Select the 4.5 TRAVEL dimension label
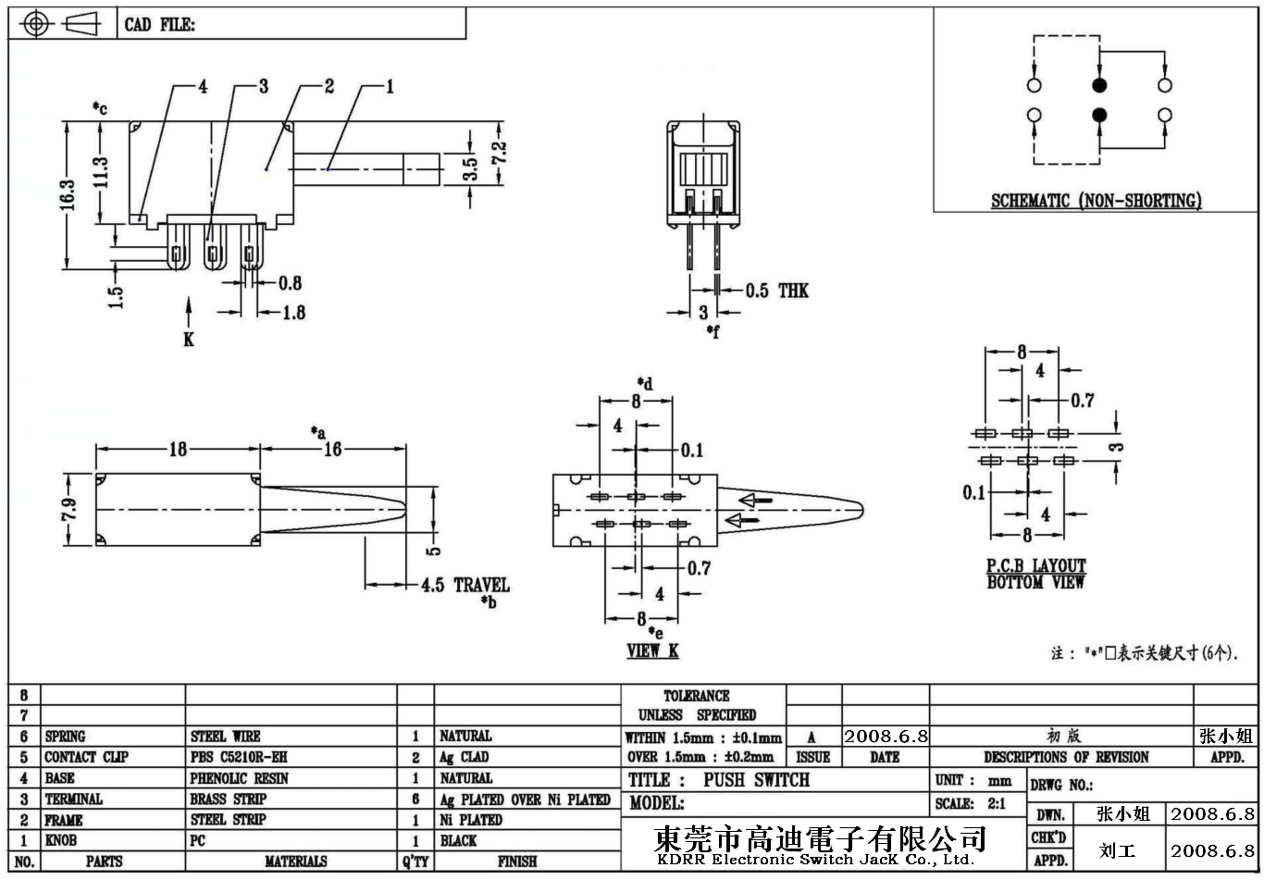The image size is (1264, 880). (x=465, y=585)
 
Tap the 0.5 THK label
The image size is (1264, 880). (x=777, y=291)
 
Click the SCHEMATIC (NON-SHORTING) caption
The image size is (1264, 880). (x=1097, y=201)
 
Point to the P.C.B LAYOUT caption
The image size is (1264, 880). (x=1035, y=565)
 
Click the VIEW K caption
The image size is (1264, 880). (x=652, y=651)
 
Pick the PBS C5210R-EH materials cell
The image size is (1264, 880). (x=238, y=757)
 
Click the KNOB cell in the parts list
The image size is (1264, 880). (x=61, y=840)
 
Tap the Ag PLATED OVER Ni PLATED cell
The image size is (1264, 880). (x=525, y=799)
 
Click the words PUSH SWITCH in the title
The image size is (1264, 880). (x=756, y=780)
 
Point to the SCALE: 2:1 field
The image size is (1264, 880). (x=971, y=803)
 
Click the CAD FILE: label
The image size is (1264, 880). (x=160, y=25)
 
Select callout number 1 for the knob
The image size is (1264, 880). (x=390, y=87)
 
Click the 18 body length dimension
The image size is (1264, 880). (x=177, y=449)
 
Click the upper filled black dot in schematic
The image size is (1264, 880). (x=1099, y=86)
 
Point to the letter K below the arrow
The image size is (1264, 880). (x=189, y=340)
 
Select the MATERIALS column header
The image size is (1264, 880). (x=295, y=861)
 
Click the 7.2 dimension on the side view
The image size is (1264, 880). (x=499, y=153)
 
